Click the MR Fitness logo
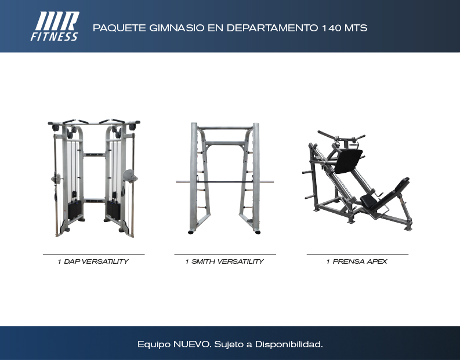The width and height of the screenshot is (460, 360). pyautogui.click(x=55, y=27)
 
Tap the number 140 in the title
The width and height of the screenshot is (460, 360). pyautogui.click(x=331, y=28)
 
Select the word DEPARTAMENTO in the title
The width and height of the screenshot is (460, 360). pyautogui.click(x=272, y=28)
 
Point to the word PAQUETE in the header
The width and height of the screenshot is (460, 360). pyautogui.click(x=119, y=28)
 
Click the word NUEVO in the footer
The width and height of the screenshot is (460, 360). pyautogui.click(x=192, y=344)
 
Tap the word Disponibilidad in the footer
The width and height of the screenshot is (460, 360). pyautogui.click(x=289, y=344)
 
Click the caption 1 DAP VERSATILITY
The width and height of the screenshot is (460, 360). pyautogui.click(x=93, y=261)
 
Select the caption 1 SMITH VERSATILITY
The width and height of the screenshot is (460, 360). pyautogui.click(x=224, y=261)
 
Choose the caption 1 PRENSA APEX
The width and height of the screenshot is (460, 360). pyautogui.click(x=357, y=261)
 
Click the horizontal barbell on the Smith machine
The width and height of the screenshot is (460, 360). pyautogui.click(x=224, y=182)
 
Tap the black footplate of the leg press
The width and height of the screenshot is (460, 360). pyautogui.click(x=349, y=161)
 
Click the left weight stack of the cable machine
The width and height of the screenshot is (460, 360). pyautogui.click(x=75, y=210)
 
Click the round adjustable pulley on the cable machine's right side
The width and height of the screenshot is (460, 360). pyautogui.click(x=129, y=176)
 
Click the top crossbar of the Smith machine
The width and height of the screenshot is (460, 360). pyautogui.click(x=225, y=128)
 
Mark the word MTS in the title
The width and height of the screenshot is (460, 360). pyautogui.click(x=356, y=28)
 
